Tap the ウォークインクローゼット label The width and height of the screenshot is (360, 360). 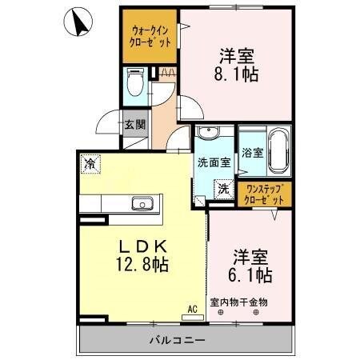(150, 36)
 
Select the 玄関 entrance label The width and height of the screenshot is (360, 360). (134, 125)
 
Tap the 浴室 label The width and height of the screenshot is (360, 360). (252, 154)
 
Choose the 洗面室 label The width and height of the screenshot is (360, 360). (214, 161)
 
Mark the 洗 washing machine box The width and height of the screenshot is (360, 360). (223, 188)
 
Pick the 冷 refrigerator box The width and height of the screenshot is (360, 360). (90, 163)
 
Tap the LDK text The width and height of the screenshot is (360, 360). (145, 246)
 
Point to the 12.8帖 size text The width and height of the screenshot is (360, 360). (145, 263)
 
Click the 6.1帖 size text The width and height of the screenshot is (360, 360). (253, 275)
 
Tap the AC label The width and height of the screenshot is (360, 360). (192, 307)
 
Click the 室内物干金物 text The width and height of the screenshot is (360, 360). (239, 302)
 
